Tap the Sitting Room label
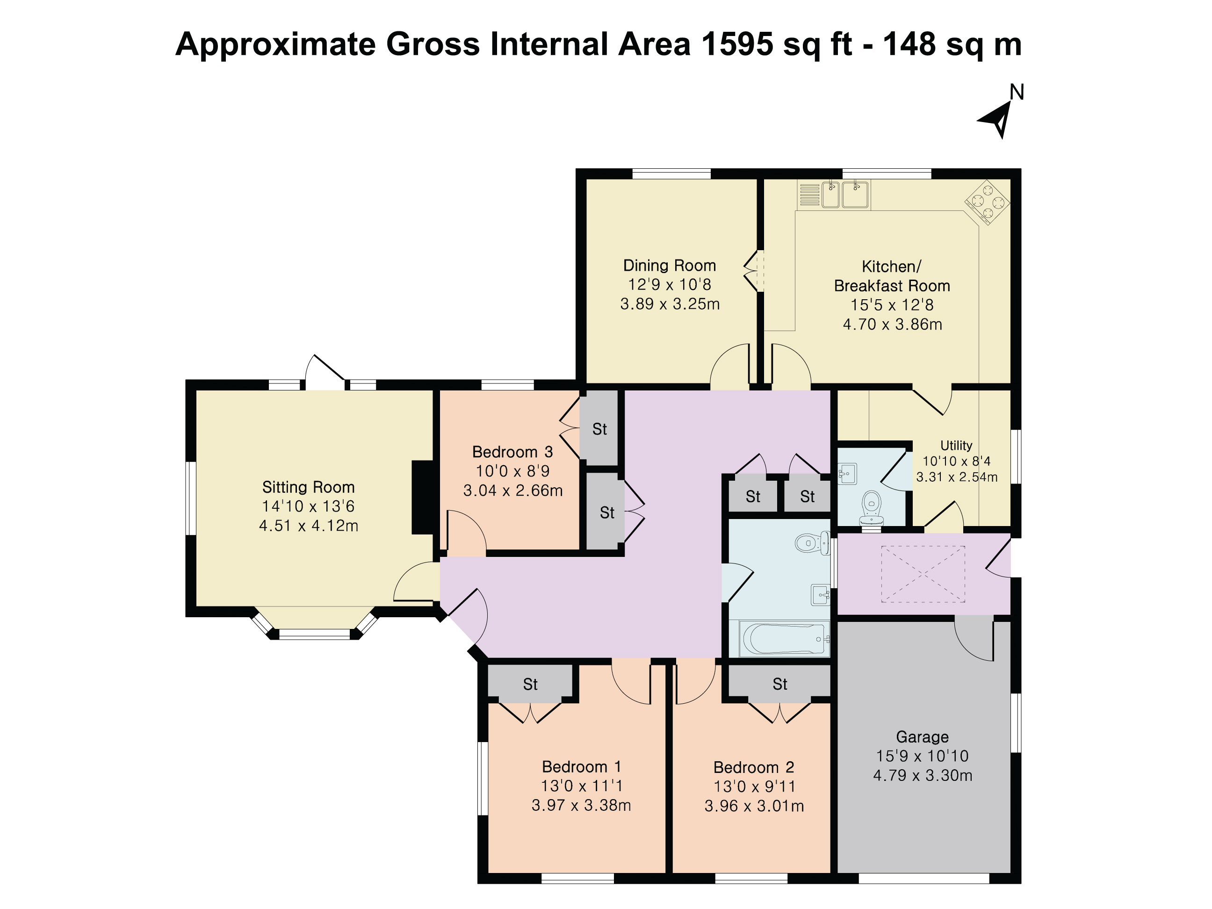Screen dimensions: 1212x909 click(309, 487)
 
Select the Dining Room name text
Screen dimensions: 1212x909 click(670, 266)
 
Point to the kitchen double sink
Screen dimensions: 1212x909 click(845, 195)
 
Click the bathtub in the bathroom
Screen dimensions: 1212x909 click(784, 638)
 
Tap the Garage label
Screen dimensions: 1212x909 click(922, 737)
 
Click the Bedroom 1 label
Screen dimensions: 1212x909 click(581, 766)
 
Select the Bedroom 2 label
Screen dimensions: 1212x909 click(754, 767)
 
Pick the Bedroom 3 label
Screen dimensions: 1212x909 click(512, 452)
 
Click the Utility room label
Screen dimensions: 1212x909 click(956, 446)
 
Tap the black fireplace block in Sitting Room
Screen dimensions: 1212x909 click(422, 497)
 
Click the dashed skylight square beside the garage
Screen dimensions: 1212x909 click(923, 574)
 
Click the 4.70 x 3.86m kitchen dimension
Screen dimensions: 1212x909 click(892, 325)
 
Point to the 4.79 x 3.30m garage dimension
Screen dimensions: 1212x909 click(923, 776)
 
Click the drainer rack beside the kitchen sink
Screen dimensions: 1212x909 click(809, 195)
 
